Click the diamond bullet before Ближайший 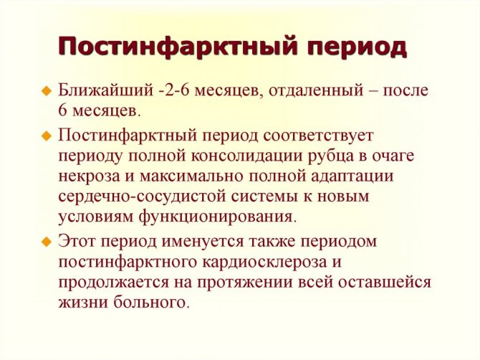pos(47,91)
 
